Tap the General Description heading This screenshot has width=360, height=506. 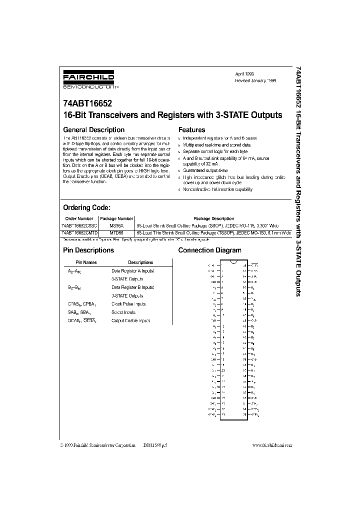93,130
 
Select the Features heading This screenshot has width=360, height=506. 192,130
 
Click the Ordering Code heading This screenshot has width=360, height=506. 86,207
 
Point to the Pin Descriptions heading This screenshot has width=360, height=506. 88,250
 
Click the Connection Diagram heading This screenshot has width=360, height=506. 209,250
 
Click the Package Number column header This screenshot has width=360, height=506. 116,218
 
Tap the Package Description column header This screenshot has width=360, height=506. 213,218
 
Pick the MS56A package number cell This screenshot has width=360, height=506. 116,225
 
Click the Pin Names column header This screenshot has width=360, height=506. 86,262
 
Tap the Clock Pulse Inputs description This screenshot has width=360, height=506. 128,304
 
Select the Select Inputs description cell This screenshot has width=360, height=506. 125,312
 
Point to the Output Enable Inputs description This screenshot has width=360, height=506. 130,320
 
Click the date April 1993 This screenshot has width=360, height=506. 244,73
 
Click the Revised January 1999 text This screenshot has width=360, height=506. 255,80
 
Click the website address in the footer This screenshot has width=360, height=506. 272,445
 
